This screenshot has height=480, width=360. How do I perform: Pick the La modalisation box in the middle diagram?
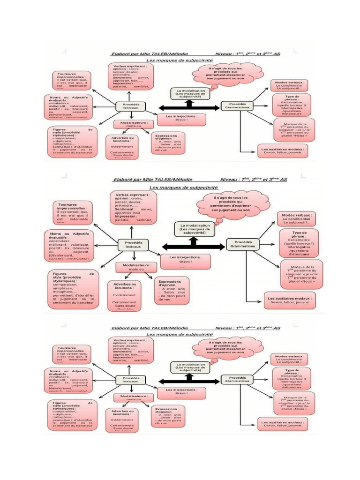click(x=194, y=228)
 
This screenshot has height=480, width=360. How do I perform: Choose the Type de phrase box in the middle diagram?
click(x=299, y=242)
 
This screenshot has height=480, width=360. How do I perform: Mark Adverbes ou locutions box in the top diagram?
click(x=123, y=147)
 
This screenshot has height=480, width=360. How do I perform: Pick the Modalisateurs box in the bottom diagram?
click(x=133, y=397)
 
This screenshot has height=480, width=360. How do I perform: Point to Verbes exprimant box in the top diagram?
click(x=132, y=76)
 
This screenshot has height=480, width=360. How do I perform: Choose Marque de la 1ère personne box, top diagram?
click(x=294, y=130)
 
